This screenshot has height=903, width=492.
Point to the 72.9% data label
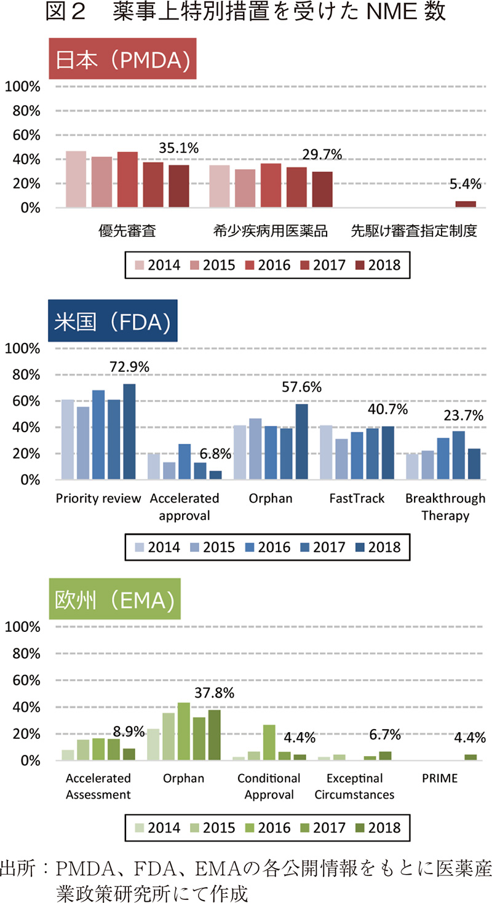(130, 367)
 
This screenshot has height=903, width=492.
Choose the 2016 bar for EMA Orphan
(183, 731)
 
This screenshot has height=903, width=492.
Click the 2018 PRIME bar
(470, 758)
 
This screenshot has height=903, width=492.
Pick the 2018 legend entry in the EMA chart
(376, 827)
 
